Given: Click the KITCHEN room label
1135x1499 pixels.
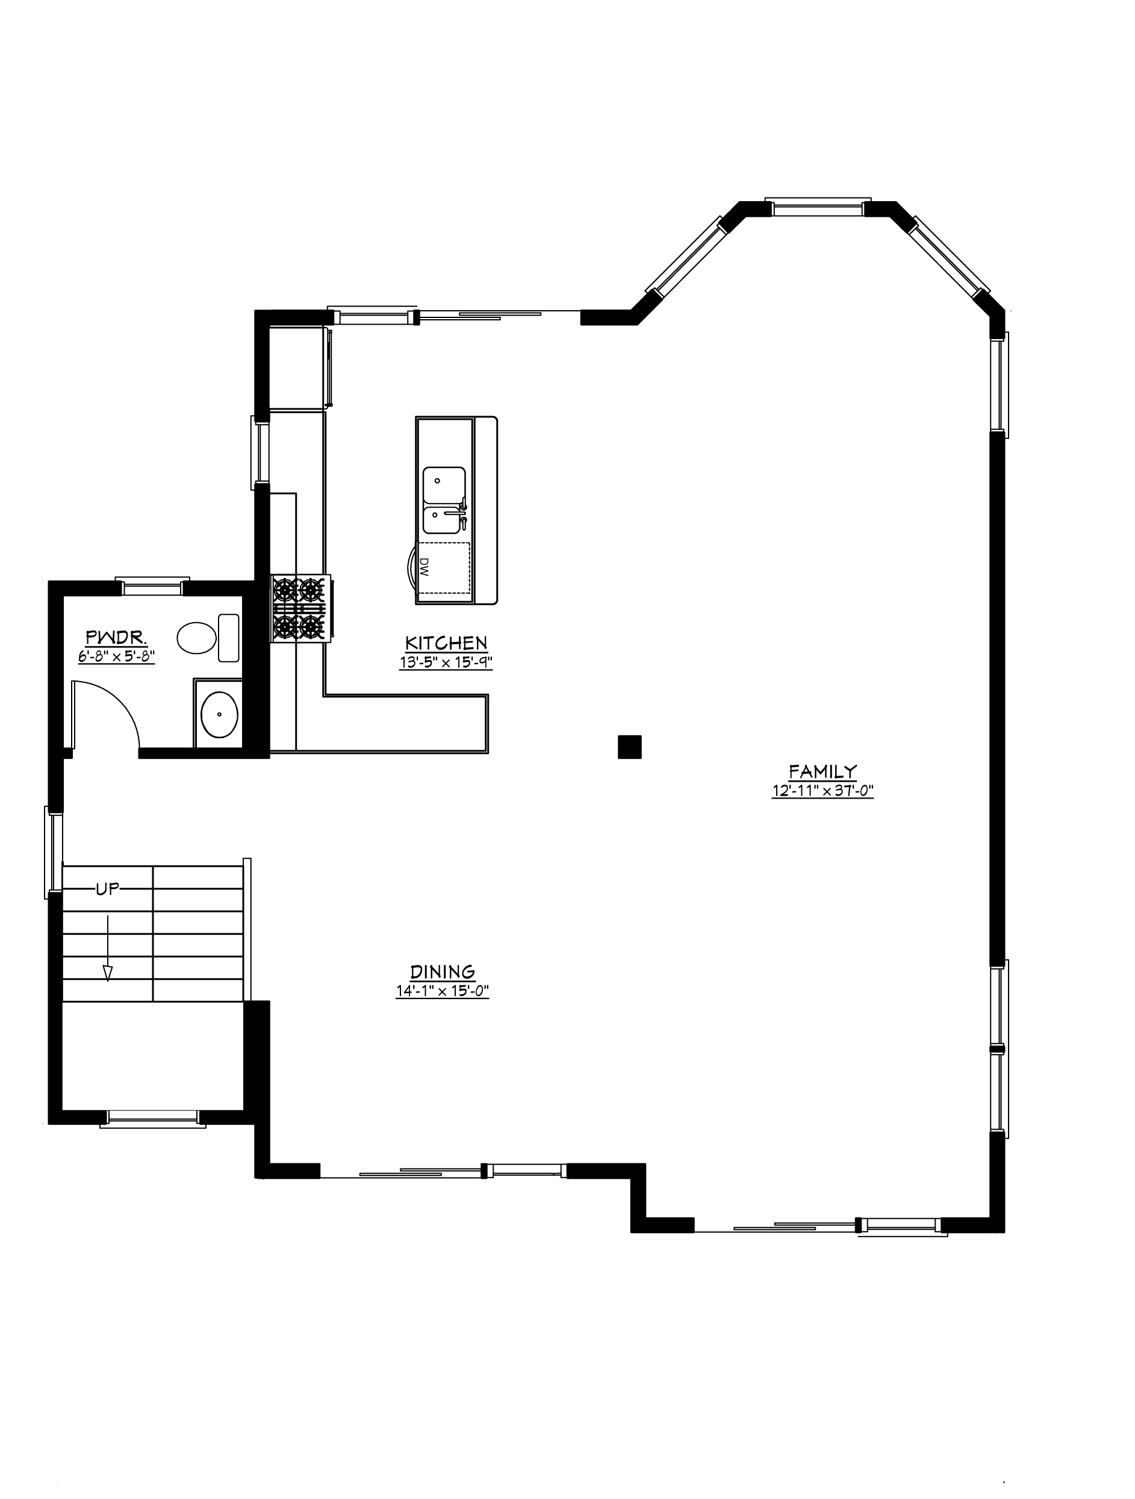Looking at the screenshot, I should tap(446, 643).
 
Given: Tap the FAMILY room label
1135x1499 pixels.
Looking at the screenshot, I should tap(822, 771).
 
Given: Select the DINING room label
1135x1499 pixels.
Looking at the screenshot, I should tap(442, 972).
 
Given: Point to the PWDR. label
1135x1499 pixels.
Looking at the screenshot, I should tap(116, 637).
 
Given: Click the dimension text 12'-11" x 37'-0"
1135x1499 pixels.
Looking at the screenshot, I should tap(822, 791).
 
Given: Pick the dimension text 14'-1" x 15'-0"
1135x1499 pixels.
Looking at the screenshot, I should tap(442, 991).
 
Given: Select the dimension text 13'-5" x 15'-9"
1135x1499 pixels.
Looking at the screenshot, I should tap(446, 662).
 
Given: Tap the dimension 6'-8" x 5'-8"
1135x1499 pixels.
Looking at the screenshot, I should tap(116, 656).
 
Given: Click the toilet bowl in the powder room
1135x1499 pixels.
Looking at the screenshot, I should tap(196, 638).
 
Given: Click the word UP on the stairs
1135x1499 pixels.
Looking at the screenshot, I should tap(107, 890).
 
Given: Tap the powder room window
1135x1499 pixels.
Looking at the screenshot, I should tap(152, 585).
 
